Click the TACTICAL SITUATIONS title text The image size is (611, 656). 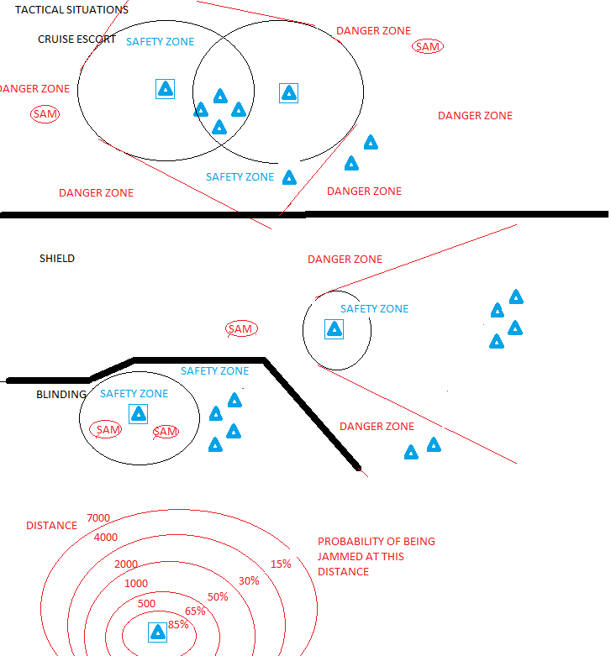[x=71, y=9]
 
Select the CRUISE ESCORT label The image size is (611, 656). [x=76, y=39]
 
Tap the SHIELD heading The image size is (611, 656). [x=57, y=258]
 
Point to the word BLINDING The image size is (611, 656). [x=61, y=394]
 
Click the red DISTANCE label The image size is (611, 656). [x=51, y=525]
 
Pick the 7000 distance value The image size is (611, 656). [x=98, y=518]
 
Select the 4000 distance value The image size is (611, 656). [x=105, y=537]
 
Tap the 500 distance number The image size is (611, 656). [x=146, y=603]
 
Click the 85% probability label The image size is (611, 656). [x=178, y=625]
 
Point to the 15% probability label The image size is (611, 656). [x=281, y=564]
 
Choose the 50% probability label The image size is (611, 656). [x=218, y=596]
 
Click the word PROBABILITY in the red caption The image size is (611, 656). [x=350, y=542]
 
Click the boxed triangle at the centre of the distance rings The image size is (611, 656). [x=158, y=632]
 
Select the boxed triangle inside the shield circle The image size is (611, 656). [x=334, y=329]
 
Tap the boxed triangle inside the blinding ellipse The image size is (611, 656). [x=138, y=414]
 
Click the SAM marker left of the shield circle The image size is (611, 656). [x=241, y=328]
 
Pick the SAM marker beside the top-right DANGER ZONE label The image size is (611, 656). [x=428, y=46]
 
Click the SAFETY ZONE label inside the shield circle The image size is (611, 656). [x=374, y=309]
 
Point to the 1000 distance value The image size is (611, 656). [x=136, y=583]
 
